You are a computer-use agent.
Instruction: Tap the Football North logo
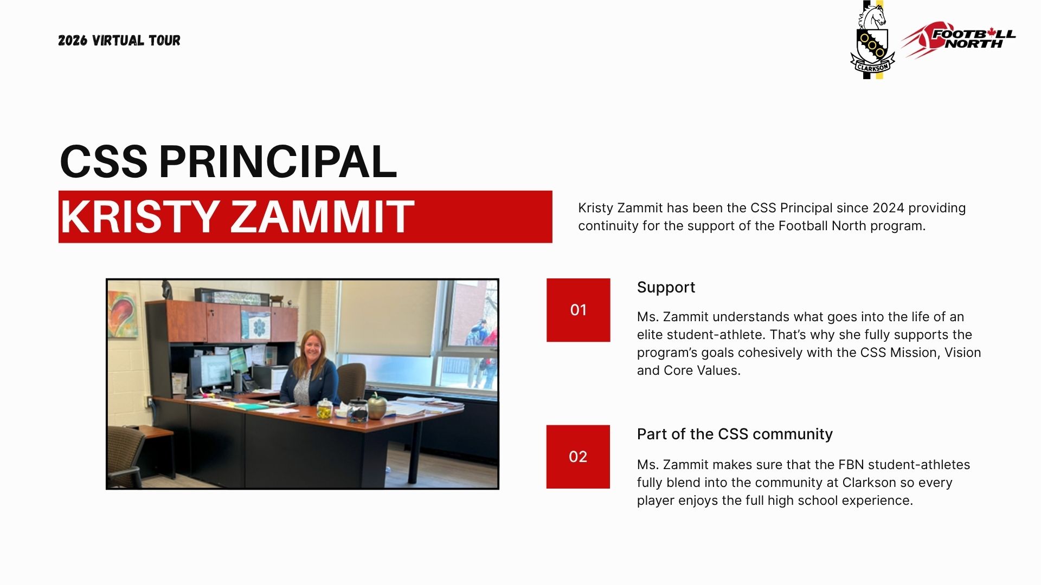[x=959, y=39]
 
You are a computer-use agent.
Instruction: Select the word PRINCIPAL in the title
[x=278, y=161]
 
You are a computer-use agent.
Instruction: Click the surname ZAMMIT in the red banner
[x=323, y=217]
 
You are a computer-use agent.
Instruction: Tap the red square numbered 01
[x=578, y=310]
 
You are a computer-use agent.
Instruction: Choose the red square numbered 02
[x=578, y=457]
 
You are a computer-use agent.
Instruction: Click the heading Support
[x=666, y=288]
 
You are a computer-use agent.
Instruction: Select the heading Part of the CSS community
[x=735, y=434]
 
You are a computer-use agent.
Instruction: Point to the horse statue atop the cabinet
[x=166, y=290]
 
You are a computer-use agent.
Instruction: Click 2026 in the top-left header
[x=73, y=41]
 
